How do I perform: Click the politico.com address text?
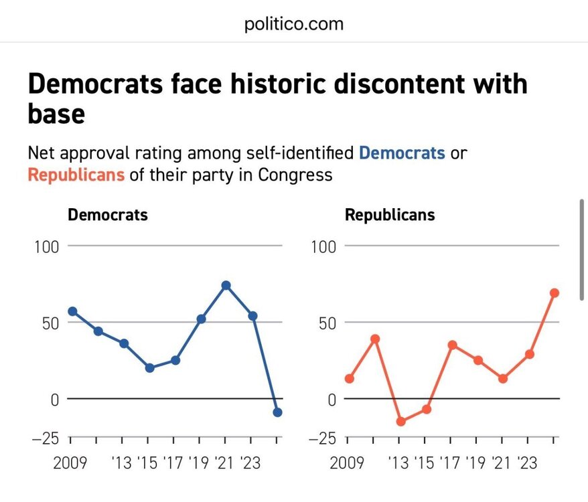point(294,25)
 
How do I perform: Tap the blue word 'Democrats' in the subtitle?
point(402,153)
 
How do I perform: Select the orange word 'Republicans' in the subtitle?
point(76,175)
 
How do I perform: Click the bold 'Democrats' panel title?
point(108,215)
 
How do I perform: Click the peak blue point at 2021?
point(226,286)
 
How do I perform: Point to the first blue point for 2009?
point(72,311)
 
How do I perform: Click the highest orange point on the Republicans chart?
point(555,293)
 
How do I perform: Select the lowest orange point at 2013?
point(401,422)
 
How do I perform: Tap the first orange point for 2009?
point(349,379)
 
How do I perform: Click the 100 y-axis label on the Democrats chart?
point(46,246)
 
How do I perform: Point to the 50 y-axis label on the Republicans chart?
point(327,323)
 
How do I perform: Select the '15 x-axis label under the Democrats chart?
point(149,463)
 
